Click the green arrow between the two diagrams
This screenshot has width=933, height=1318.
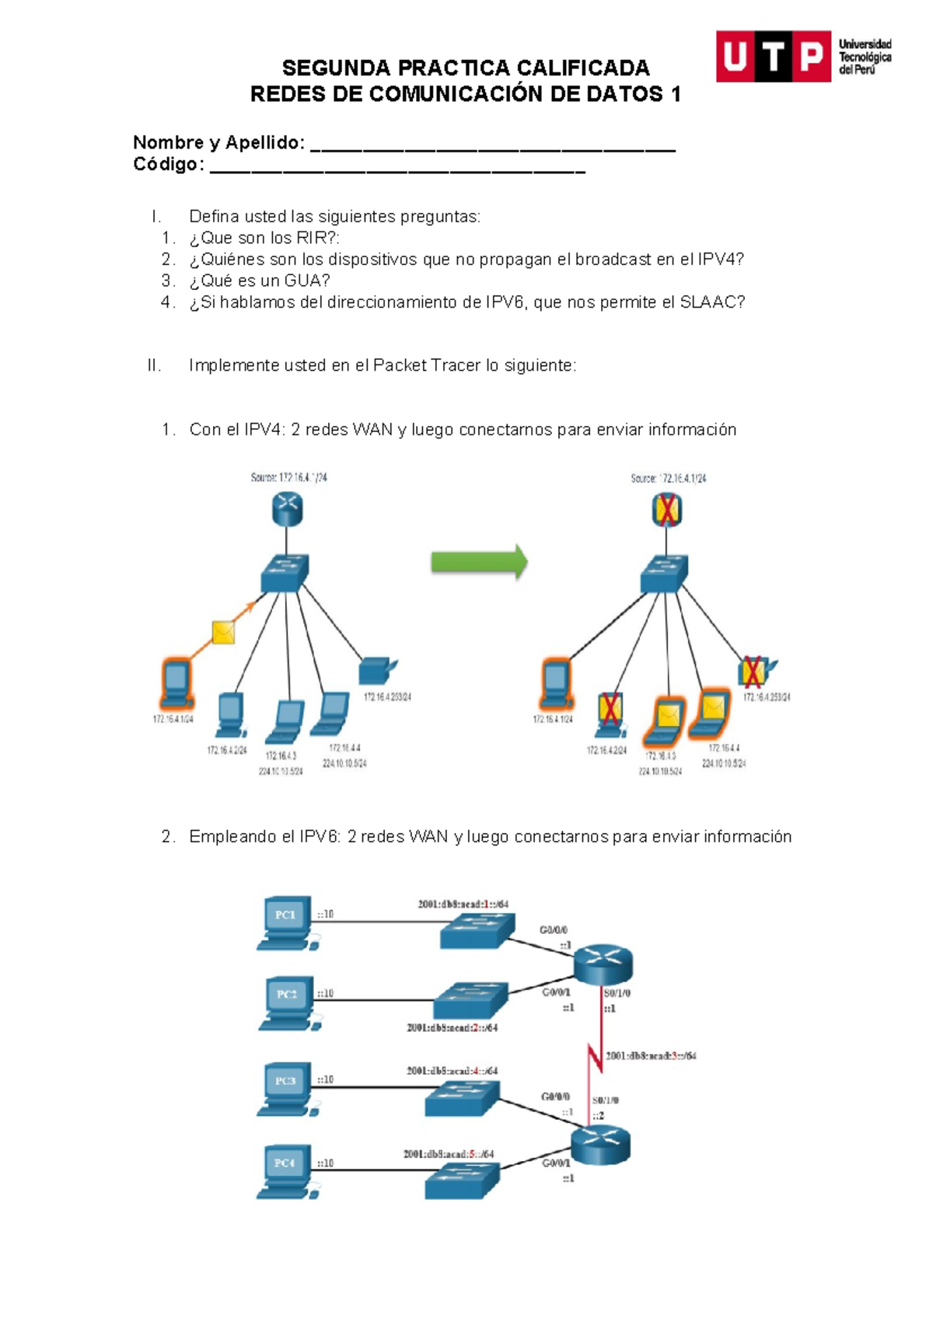(479, 561)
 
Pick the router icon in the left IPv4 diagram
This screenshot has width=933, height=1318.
(287, 510)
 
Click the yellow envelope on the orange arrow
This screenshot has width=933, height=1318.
(223, 633)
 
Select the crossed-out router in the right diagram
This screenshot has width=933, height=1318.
(667, 511)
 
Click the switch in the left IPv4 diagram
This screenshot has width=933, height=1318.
(285, 573)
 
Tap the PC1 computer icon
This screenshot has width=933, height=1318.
(285, 922)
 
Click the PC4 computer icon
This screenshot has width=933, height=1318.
(285, 1170)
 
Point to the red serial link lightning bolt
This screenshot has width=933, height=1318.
(595, 1057)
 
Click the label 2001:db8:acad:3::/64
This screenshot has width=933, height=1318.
(651, 1056)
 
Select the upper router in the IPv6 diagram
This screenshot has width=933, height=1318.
(603, 965)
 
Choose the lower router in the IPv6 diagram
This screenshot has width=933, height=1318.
(600, 1145)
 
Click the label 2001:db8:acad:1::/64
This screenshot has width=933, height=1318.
(463, 904)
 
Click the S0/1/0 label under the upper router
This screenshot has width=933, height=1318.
(617, 993)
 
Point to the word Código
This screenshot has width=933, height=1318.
(168, 164)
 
